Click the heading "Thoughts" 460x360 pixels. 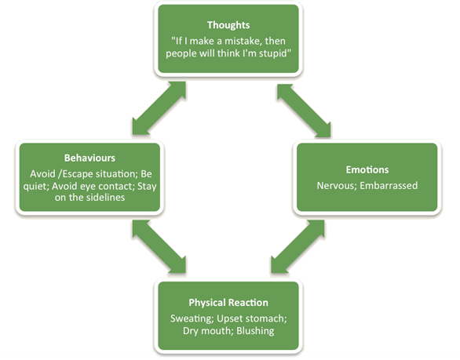(x=228, y=25)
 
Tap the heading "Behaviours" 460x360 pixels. (x=89, y=158)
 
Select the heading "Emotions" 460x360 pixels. (x=367, y=169)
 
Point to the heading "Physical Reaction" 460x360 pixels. (x=228, y=303)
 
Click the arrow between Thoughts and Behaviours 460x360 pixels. (x=159, y=108)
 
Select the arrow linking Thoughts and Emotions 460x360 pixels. (x=304, y=111)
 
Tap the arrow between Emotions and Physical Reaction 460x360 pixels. (x=298, y=246)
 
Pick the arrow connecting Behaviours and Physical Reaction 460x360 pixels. (x=159, y=246)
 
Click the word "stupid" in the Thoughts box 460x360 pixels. (x=275, y=53)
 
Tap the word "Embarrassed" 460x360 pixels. (x=389, y=186)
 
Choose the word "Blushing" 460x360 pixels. (x=255, y=331)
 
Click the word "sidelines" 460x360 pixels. (x=106, y=198)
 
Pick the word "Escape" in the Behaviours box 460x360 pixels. (x=77, y=174)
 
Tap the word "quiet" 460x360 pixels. (x=36, y=187)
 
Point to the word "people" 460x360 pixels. (x=181, y=54)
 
